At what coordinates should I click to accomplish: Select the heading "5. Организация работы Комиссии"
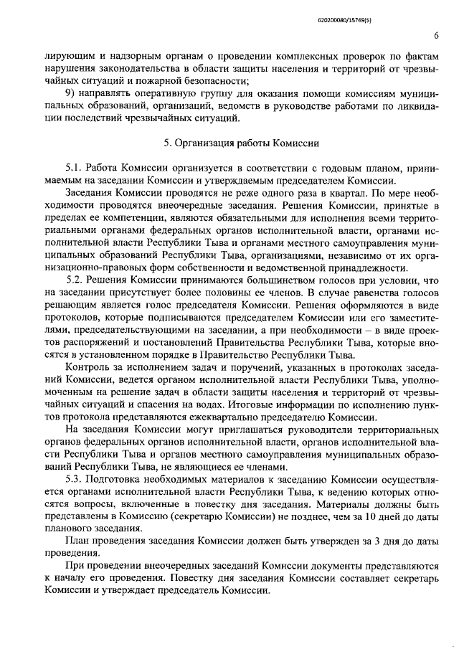pyautogui.click(x=240, y=143)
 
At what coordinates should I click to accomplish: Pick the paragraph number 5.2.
pyautogui.click(x=75, y=278)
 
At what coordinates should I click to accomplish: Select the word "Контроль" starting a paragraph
pyautogui.click(x=86, y=368)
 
